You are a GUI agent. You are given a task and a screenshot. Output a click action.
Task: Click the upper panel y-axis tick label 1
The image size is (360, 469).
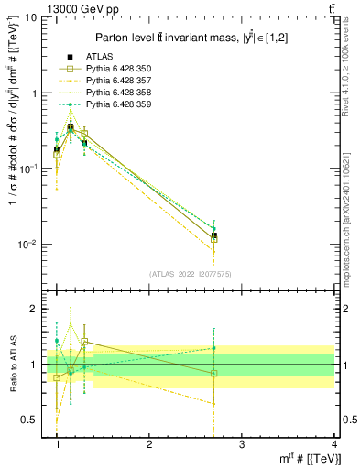point(36,93)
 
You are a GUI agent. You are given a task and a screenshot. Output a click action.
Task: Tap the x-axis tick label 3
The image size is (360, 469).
point(241,444)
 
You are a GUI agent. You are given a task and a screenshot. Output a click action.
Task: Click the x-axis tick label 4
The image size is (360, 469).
point(333,444)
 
